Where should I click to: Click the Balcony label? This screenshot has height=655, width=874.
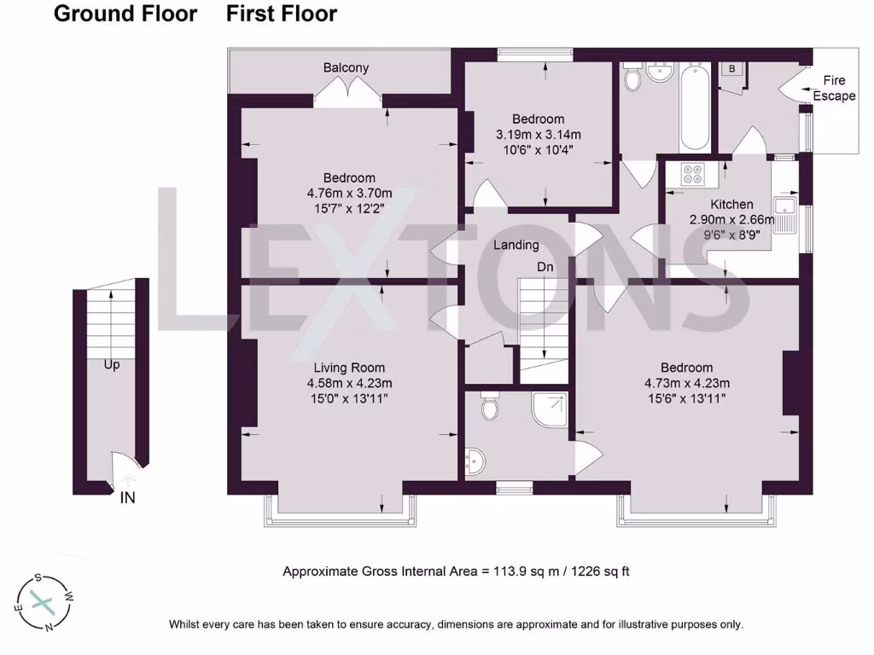click(346, 68)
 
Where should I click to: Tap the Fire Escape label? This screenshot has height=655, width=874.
click(833, 88)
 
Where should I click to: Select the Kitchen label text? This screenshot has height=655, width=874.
click(731, 205)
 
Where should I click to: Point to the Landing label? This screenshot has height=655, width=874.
click(516, 245)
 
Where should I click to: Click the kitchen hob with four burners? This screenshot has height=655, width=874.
click(692, 174)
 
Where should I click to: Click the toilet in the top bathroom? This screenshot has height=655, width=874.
click(633, 78)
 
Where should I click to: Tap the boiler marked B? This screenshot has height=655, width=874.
click(731, 68)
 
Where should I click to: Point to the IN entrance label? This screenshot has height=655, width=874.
click(127, 498)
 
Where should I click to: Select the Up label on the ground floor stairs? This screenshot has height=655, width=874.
click(112, 365)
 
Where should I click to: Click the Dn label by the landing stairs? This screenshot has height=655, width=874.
click(545, 267)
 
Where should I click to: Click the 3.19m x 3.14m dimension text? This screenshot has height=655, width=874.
click(538, 135)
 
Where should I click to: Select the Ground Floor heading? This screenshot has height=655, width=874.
click(125, 14)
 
